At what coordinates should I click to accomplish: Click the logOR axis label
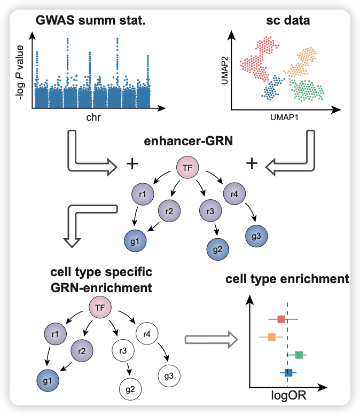click(x=288, y=397)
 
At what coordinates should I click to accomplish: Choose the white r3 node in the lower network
click(x=122, y=351)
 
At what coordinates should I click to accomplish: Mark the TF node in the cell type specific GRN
click(x=99, y=308)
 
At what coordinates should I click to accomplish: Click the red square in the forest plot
click(x=282, y=319)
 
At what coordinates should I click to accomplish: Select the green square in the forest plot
click(x=299, y=355)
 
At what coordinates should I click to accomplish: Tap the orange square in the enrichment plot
click(x=272, y=337)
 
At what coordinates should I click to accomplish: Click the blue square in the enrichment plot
click(x=288, y=372)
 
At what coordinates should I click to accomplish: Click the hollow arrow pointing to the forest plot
click(x=210, y=339)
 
